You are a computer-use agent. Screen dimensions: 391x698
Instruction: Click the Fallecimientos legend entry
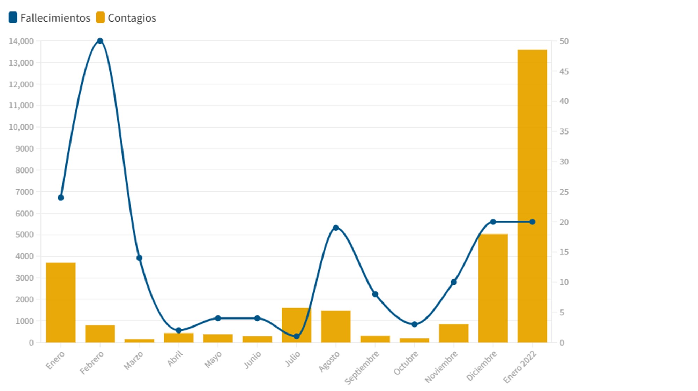click(50, 18)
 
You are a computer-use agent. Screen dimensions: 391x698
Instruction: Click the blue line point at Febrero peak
click(100, 41)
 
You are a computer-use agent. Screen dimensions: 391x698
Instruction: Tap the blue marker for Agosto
click(336, 228)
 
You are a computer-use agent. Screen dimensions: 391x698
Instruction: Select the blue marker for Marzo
click(139, 258)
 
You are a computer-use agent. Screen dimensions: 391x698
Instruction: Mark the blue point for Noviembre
click(454, 282)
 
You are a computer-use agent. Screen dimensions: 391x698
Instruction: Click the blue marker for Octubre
click(414, 324)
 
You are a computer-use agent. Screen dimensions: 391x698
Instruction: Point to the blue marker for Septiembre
click(375, 294)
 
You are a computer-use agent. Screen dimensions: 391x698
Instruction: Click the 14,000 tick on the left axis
click(21, 41)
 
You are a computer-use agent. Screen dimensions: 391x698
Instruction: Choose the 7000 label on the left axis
click(24, 192)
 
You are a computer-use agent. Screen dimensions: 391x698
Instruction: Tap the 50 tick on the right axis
click(564, 41)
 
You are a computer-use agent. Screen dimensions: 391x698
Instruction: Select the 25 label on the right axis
click(564, 192)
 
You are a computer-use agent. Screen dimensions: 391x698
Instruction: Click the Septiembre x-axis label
click(362, 367)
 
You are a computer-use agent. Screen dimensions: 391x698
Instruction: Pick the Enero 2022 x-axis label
click(520, 367)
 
